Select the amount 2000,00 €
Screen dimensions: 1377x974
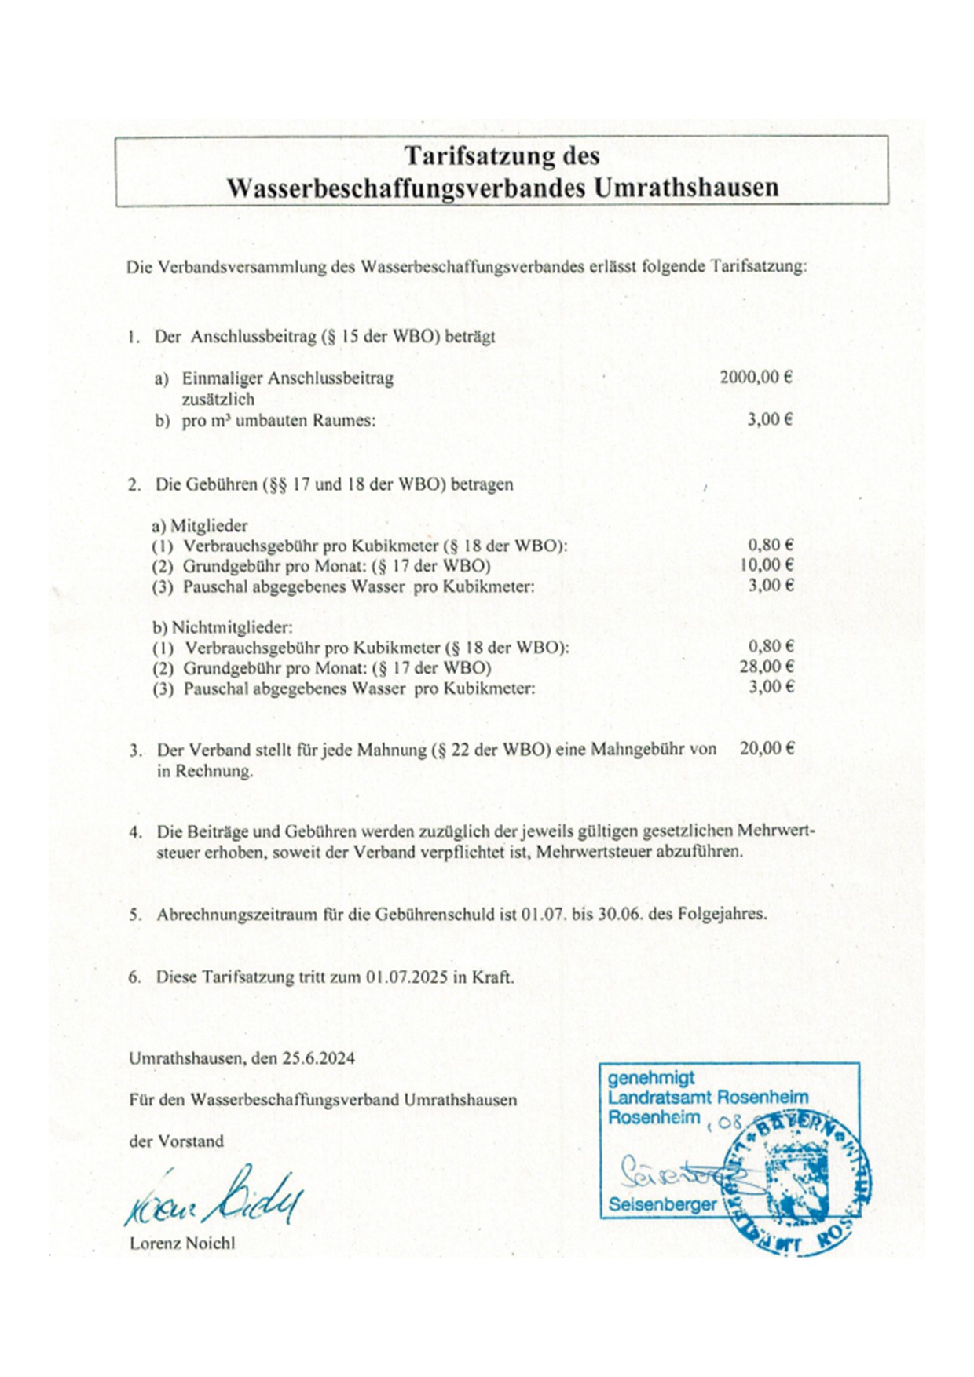(755, 377)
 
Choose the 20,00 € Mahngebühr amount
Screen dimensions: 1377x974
(766, 748)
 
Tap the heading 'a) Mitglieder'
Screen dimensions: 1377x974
(200, 525)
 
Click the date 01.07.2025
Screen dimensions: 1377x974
(407, 977)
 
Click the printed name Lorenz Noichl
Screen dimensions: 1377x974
(182, 1244)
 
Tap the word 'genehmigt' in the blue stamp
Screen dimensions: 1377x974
(651, 1079)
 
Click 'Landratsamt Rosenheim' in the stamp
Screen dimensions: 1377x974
(708, 1098)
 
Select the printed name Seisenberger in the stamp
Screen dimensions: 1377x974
(662, 1204)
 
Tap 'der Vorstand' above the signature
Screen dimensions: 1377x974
(176, 1141)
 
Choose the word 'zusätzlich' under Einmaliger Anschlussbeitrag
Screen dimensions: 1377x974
(218, 399)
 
